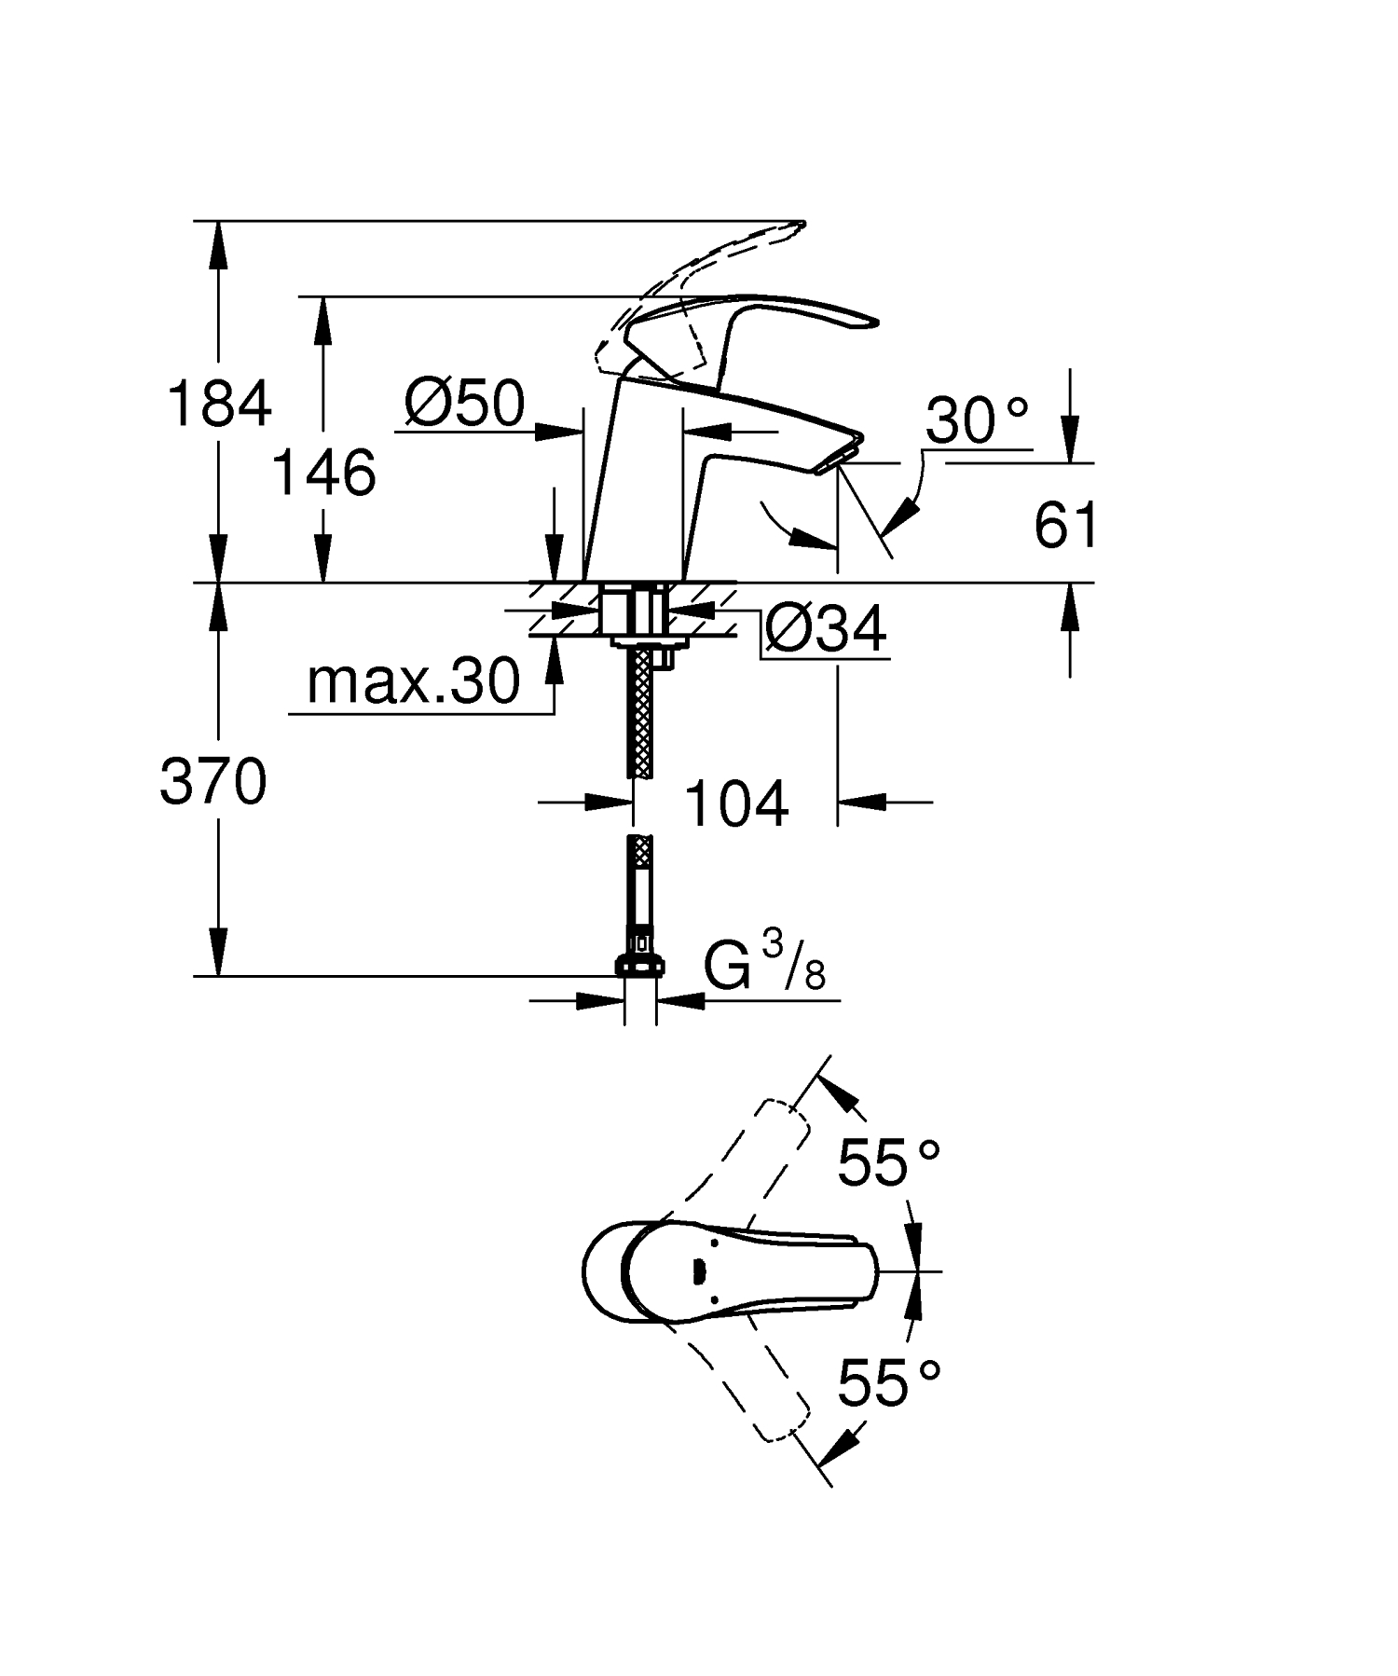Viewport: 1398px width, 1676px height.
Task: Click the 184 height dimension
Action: pyautogui.click(x=219, y=405)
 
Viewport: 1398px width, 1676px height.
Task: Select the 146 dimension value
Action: pyautogui.click(x=323, y=473)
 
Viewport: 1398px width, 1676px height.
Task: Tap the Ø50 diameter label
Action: pyautogui.click(x=465, y=405)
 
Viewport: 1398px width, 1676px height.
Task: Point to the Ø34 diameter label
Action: pyautogui.click(x=825, y=630)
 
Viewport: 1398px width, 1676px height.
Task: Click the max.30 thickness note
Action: pyautogui.click(x=413, y=681)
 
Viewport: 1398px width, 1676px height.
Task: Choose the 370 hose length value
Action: pyautogui.click(x=213, y=781)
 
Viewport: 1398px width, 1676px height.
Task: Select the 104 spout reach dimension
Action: pyautogui.click(x=736, y=804)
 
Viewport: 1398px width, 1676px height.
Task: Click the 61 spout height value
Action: pyautogui.click(x=1065, y=526)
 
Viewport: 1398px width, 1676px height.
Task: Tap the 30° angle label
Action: pyautogui.click(x=977, y=420)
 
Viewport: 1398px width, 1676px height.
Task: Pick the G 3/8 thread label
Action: pyautogui.click(x=764, y=967)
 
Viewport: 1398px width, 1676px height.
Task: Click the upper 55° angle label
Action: pyautogui.click(x=888, y=1162)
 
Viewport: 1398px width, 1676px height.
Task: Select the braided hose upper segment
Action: pyautogui.click(x=640, y=713)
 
